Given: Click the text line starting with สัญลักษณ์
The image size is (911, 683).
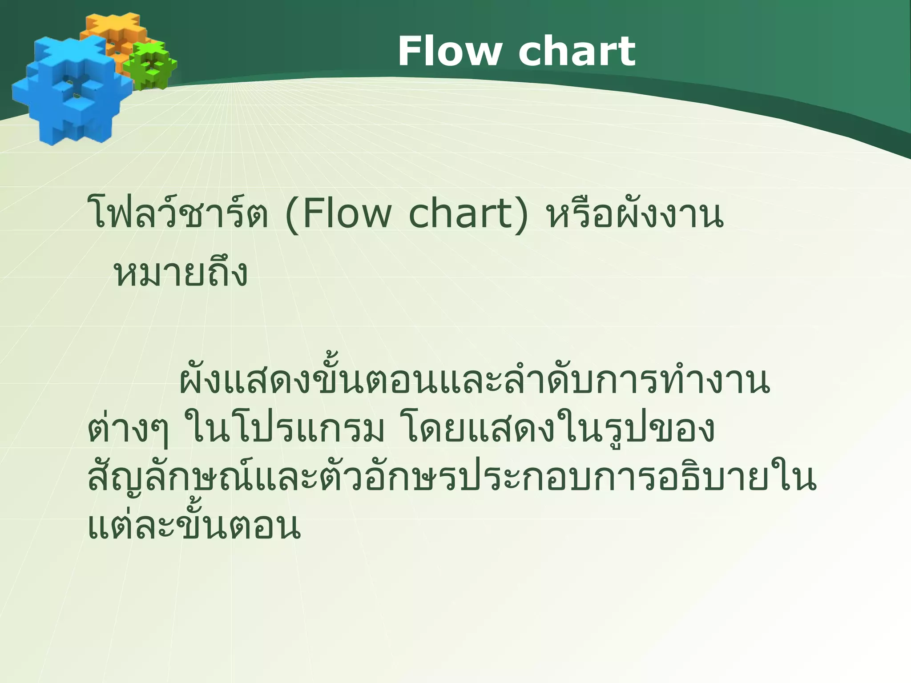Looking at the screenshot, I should pyautogui.click(x=452, y=478).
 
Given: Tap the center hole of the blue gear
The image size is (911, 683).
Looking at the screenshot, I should pyautogui.click(x=73, y=89).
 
